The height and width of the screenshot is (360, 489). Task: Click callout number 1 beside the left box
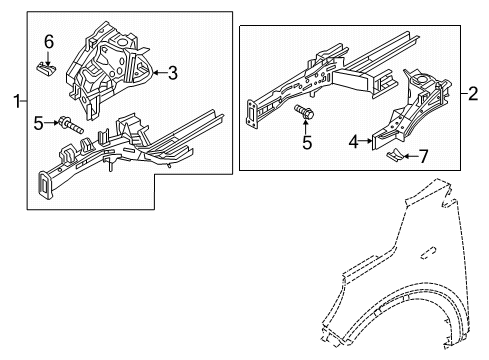click(13, 100)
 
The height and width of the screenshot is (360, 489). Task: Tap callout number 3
click(172, 72)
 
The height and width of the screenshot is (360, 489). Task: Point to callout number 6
click(46, 41)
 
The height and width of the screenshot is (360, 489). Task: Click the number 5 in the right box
click(308, 142)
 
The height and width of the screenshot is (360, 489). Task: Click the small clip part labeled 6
click(46, 67)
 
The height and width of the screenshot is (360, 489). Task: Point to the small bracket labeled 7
click(396, 154)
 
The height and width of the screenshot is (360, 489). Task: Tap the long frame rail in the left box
click(120, 155)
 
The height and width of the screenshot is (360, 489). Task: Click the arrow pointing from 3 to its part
click(158, 72)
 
